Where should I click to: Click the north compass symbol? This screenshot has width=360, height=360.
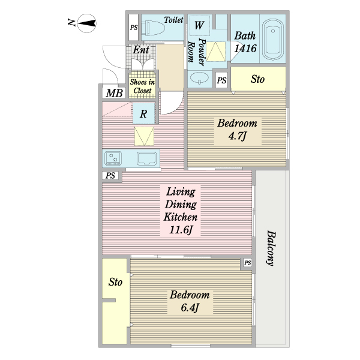coord(86,23)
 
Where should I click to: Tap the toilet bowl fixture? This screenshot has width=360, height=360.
coord(153,28)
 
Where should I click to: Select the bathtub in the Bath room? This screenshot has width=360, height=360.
coord(273,39)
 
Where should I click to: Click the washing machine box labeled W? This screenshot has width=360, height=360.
coord(200,25)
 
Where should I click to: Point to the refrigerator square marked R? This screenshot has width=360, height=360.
coord(144,113)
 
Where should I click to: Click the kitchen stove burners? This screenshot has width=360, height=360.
coord(113,158)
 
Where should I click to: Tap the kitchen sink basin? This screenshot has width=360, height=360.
coord(147,158)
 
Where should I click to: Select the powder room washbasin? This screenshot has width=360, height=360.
coord(200,78)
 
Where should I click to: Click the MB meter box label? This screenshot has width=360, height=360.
coord(114,93)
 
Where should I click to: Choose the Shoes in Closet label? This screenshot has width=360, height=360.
coord(142,86)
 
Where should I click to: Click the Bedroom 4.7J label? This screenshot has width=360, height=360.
coord(238,130)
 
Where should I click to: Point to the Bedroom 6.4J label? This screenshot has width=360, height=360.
coord(190,301)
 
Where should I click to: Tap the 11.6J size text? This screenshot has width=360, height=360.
coord(181,230)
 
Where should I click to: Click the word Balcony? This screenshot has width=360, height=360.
coord(271,248)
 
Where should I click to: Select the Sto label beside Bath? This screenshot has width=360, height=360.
coord(257,79)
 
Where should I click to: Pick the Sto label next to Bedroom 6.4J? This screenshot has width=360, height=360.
coord(115,282)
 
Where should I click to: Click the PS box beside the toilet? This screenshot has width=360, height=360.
coord(133,28)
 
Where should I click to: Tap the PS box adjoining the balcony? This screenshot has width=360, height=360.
coord(247,263)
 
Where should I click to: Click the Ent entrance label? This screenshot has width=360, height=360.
coord(141,50)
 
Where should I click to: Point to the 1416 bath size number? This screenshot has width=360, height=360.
coord(245,49)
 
